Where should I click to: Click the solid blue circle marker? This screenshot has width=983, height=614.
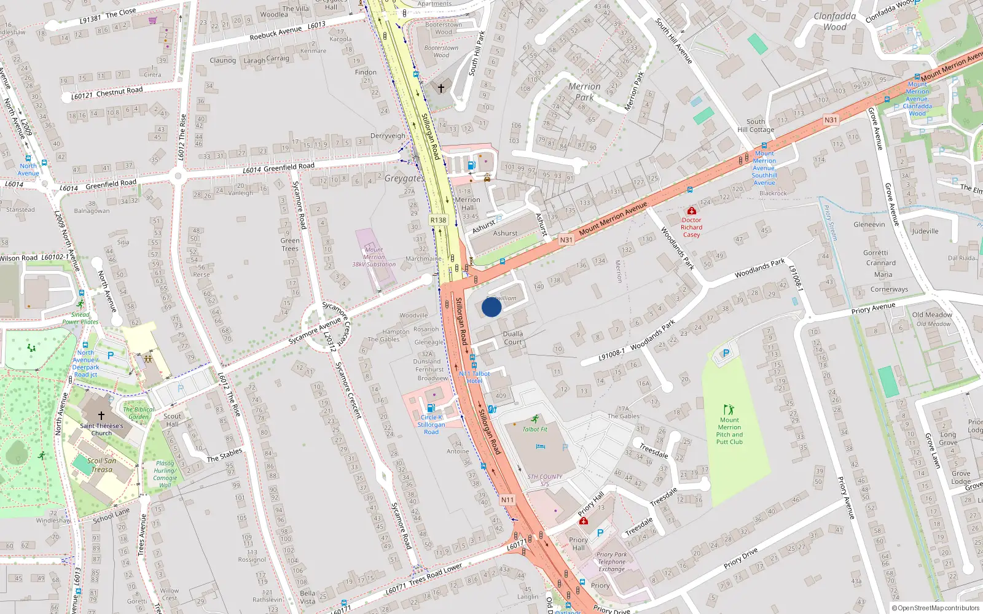(491, 307)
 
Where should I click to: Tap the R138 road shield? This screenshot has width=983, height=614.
(438, 220)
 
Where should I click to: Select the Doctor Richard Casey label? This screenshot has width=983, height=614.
(691, 227)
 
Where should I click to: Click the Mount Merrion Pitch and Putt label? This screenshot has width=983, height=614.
(729, 431)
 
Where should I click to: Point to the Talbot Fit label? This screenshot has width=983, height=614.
(535, 429)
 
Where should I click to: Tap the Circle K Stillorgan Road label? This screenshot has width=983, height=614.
(431, 424)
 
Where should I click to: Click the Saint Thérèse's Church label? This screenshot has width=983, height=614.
(101, 429)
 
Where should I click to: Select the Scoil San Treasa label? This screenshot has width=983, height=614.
(101, 465)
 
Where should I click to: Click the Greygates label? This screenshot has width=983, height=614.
(404, 178)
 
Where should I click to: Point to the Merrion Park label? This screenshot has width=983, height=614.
(584, 91)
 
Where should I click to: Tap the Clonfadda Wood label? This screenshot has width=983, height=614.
(834, 21)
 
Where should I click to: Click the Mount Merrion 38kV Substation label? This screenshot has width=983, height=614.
(374, 257)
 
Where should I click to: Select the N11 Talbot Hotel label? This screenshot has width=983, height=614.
(474, 377)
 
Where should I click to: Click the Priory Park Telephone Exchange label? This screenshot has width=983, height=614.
(612, 562)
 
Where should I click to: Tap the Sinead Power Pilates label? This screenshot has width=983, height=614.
(80, 318)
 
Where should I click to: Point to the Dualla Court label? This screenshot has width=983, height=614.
(513, 338)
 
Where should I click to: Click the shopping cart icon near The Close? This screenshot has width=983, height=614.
(153, 21)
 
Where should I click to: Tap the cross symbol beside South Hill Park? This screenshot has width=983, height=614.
(441, 88)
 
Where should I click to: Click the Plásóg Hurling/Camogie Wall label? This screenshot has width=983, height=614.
(165, 474)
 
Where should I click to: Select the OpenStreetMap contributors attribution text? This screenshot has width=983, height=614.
(936, 608)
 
